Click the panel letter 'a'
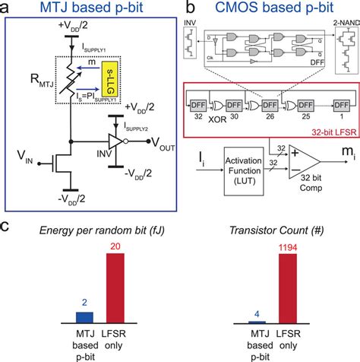6,8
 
